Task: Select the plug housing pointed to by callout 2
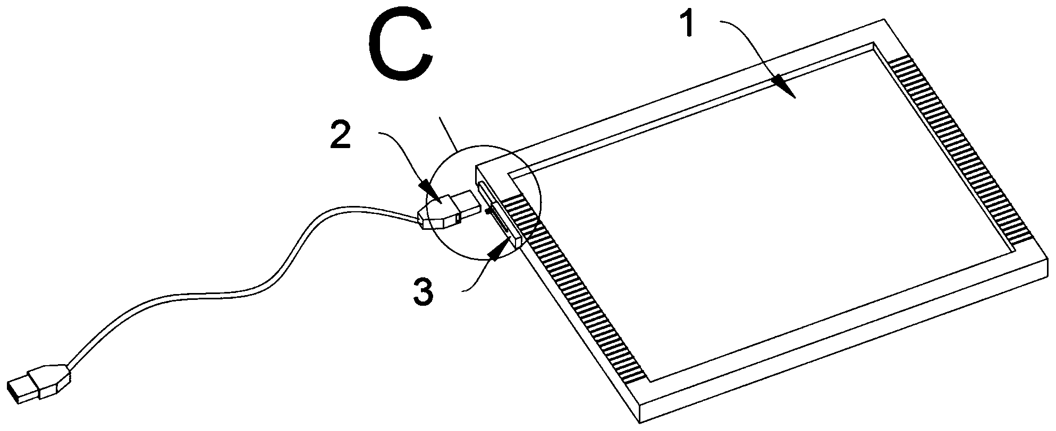pyautogui.click(x=438, y=213)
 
